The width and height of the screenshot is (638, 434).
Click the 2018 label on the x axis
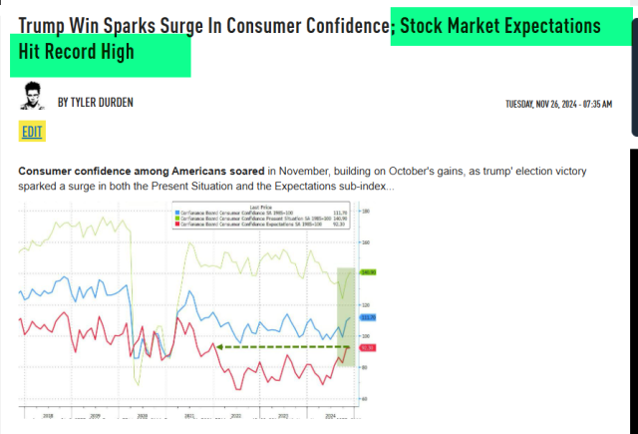pyautogui.click(x=48, y=414)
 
